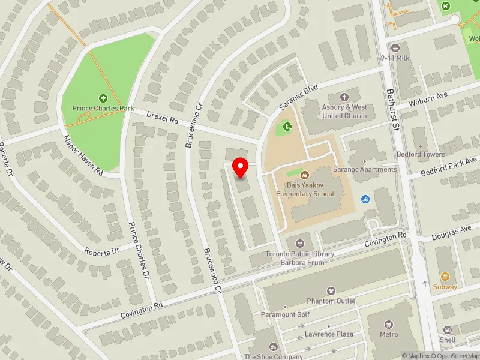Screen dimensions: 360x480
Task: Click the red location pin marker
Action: [x=241, y=167]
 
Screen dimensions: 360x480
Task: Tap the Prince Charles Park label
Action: [x=103, y=108]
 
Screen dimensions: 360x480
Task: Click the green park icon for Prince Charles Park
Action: [x=103, y=98]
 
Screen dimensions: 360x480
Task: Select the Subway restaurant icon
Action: [x=445, y=277]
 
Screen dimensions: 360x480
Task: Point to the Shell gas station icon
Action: [x=448, y=330]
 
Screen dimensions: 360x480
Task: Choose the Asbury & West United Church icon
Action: [x=344, y=97]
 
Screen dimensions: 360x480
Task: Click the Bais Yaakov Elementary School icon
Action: [x=305, y=176]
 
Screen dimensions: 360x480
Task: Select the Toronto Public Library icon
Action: [x=300, y=243]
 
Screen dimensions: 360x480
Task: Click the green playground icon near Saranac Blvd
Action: [x=287, y=127]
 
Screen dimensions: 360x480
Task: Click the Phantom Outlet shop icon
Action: [x=331, y=291]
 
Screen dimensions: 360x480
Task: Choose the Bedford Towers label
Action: [x=421, y=154]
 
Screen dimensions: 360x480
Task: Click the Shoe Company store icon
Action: [x=274, y=347]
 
